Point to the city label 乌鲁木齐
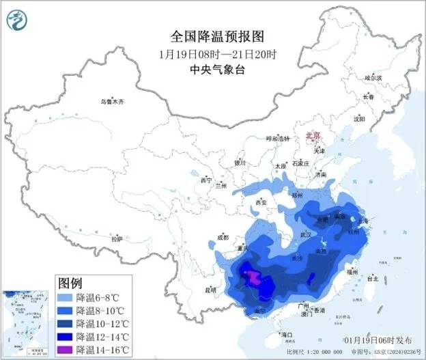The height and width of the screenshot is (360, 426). [113, 102]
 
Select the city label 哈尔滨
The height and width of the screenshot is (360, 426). [375, 78]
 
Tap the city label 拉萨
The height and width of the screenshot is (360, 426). [117, 240]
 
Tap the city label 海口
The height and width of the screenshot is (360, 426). [287, 334]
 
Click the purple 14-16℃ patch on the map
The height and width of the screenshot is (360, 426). [253, 277]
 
